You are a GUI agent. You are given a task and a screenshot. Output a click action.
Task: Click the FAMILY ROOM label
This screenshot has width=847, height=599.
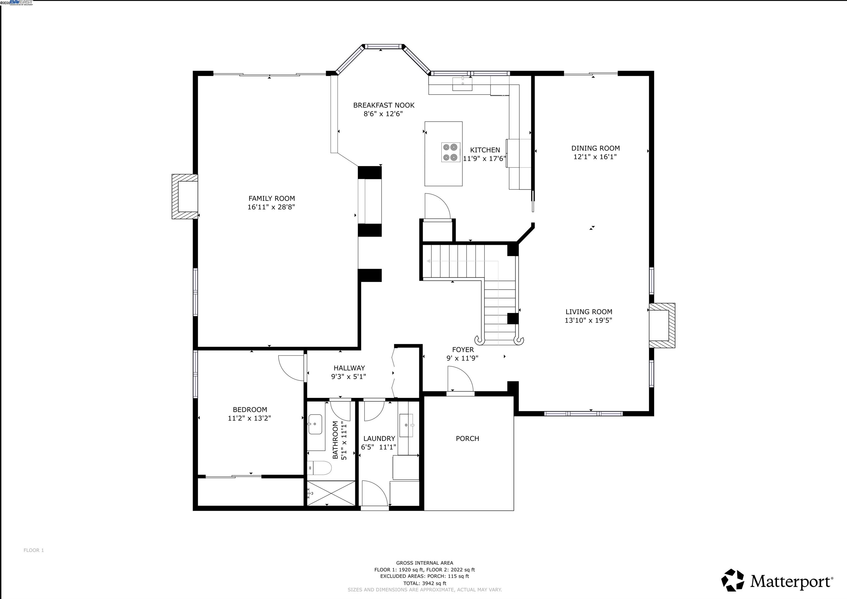click(272, 198)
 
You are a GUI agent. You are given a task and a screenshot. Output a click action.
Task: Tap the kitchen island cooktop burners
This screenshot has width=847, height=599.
click(451, 152)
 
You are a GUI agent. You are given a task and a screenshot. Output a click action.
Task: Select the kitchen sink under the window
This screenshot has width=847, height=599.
click(462, 84)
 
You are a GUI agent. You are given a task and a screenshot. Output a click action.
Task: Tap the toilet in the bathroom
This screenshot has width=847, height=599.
click(320, 468)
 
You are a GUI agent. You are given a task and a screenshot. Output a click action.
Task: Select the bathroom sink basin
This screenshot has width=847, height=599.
click(315, 424)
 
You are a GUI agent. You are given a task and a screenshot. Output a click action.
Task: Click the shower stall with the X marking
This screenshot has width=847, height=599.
click(331, 493)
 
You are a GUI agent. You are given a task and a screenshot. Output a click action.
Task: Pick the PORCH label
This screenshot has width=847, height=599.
click(467, 438)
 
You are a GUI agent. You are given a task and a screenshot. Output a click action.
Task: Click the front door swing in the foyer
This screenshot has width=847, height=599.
click(460, 379)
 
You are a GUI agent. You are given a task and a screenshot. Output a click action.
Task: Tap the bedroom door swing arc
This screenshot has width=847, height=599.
click(291, 368)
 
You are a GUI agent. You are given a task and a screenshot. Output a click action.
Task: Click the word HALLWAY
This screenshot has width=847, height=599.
click(349, 368)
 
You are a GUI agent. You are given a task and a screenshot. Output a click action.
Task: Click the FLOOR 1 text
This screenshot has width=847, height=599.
click(34, 550)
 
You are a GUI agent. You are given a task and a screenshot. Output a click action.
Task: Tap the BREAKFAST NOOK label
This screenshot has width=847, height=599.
click(384, 105)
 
